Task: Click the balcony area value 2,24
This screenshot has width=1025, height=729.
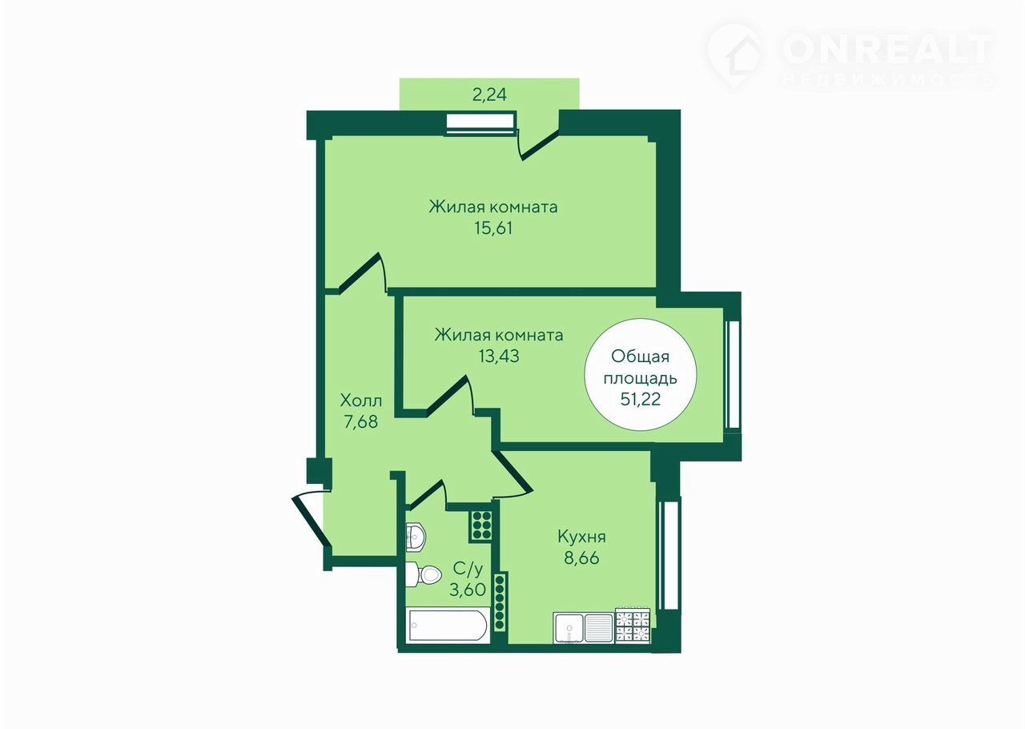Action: [489, 95]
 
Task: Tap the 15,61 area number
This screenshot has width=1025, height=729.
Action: [493, 228]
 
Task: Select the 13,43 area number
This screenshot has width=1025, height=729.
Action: [499, 356]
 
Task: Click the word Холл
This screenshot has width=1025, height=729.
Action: [360, 401]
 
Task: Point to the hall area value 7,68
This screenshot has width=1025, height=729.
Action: [360, 421]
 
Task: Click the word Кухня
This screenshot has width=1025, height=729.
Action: [581, 537]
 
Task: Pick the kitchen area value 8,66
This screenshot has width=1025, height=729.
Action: [581, 558]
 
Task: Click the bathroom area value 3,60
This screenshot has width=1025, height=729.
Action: [467, 590]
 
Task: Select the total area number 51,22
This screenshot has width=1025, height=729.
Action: [640, 399]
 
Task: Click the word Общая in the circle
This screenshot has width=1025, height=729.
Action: [640, 356]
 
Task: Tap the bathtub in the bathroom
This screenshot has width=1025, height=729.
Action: [448, 626]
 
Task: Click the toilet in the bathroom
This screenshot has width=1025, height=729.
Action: [424, 574]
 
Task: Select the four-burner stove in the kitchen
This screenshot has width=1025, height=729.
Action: [633, 626]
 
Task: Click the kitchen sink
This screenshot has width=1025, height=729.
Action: [584, 628]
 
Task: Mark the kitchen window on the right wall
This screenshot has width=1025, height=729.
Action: [669, 555]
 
